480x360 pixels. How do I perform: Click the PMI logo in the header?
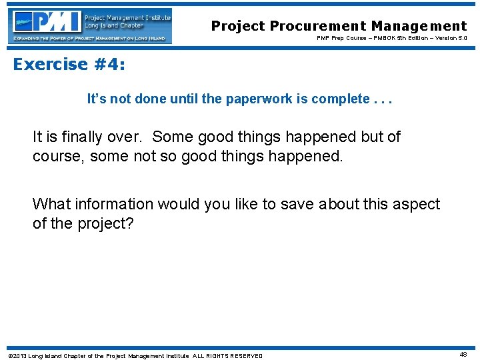(x=91, y=26)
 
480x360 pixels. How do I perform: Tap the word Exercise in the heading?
(x=51, y=64)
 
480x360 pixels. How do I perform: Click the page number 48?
(x=463, y=355)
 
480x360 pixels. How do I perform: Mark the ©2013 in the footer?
(x=16, y=355)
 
